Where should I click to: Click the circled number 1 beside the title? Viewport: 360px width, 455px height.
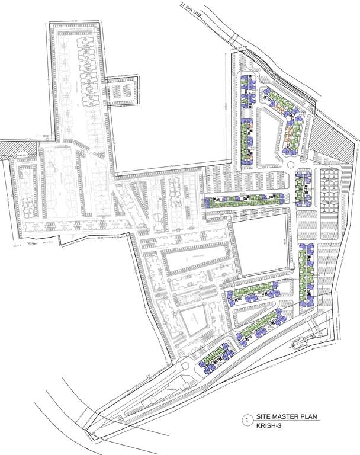coord(246,421)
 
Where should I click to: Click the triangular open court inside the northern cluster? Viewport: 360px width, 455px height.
coord(269,133)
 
